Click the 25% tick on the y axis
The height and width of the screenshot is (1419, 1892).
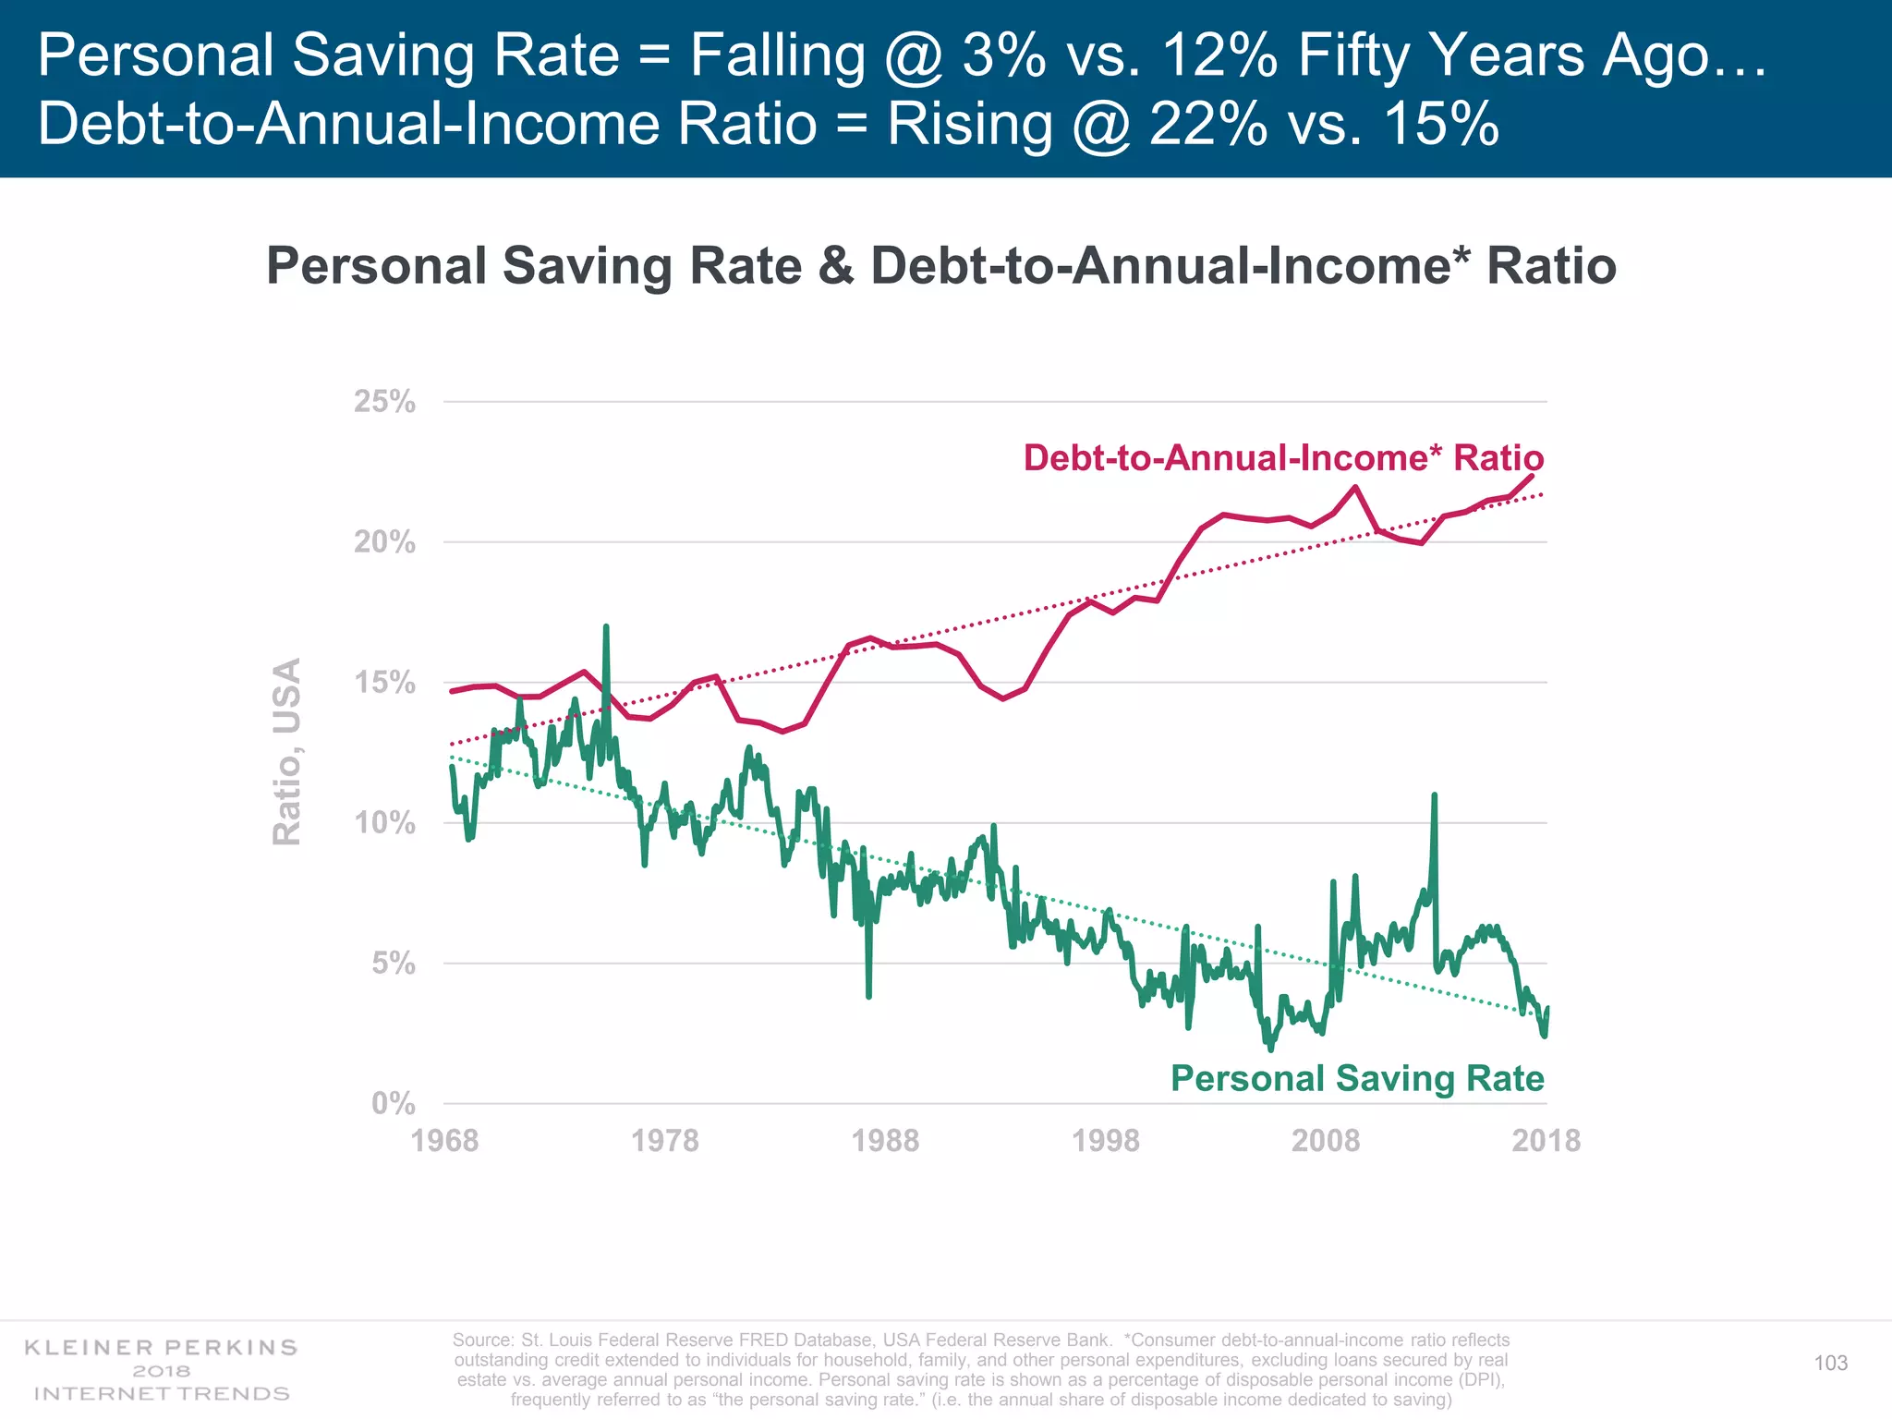click(384, 402)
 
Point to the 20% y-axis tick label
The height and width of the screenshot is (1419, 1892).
click(384, 542)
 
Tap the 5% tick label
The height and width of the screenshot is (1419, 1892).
click(394, 964)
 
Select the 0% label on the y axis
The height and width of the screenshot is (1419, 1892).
click(394, 1103)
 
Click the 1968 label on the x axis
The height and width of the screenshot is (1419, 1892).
click(444, 1141)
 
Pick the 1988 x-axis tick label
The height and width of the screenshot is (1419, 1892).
click(885, 1141)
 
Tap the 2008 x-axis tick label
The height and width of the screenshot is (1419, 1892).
click(1326, 1141)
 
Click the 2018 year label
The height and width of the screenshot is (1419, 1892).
click(1546, 1141)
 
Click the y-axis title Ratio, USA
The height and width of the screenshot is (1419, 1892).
click(287, 751)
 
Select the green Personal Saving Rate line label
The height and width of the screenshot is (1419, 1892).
click(1357, 1078)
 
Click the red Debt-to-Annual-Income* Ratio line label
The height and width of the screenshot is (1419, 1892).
click(1283, 458)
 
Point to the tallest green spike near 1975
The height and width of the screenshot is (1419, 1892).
click(606, 627)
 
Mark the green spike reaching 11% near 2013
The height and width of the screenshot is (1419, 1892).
click(1434, 795)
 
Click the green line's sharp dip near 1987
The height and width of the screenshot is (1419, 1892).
click(868, 996)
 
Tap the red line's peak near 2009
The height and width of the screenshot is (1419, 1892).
click(1355, 487)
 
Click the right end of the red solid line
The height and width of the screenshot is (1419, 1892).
click(1532, 476)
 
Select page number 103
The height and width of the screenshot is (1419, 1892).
click(1830, 1364)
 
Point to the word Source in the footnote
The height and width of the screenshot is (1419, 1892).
click(481, 1340)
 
